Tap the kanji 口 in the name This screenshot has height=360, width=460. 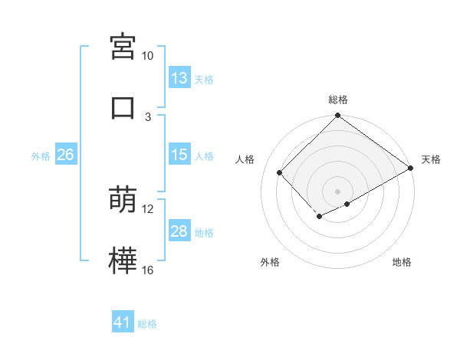(123, 107)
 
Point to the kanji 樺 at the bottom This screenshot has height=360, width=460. (123, 261)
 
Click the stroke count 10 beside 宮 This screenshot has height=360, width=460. (148, 56)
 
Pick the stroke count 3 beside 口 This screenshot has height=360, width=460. (148, 117)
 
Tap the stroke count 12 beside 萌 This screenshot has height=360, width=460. (148, 209)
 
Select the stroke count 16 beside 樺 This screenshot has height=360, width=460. (148, 270)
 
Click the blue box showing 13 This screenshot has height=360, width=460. (179, 78)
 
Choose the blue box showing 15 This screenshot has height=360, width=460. (179, 155)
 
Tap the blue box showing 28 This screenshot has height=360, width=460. (179, 231)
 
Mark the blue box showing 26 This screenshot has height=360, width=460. (65, 155)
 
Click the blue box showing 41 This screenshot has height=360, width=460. (123, 323)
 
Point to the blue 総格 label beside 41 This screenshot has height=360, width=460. (148, 324)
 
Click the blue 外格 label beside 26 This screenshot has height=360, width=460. (41, 156)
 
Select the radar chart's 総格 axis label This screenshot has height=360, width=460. (338, 100)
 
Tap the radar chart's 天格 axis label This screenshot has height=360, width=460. (431, 159)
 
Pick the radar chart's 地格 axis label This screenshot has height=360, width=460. (402, 262)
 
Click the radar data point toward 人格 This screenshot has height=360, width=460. (280, 172)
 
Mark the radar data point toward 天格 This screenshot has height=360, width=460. (412, 168)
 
